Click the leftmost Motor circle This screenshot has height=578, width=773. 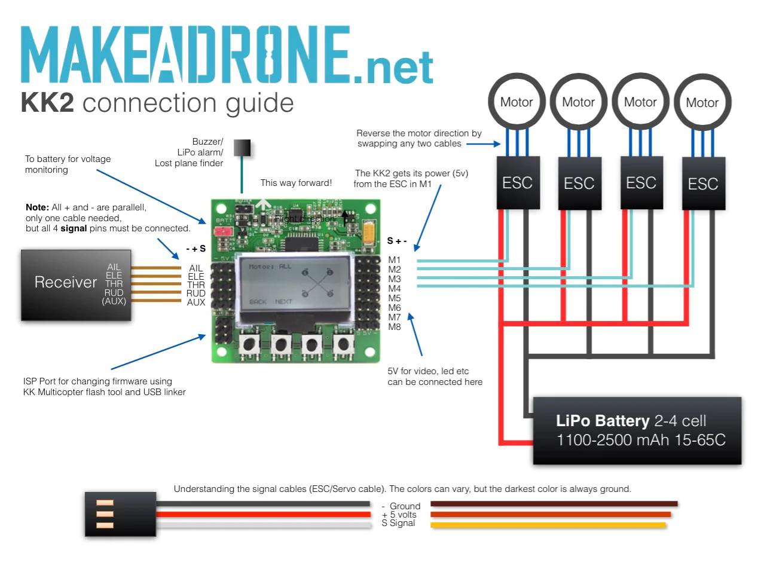click(x=517, y=102)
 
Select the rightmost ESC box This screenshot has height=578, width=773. click(x=703, y=184)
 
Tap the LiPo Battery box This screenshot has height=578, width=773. click(x=637, y=430)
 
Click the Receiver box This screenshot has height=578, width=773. click(x=76, y=285)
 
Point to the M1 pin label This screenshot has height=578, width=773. click(x=394, y=260)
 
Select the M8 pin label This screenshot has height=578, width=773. click(x=394, y=327)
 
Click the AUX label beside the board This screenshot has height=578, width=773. click(x=195, y=302)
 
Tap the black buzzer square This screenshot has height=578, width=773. click(x=242, y=148)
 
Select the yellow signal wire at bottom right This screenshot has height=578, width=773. click(x=548, y=525)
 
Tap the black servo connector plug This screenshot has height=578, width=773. click(x=120, y=513)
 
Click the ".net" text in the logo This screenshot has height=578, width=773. click(x=393, y=68)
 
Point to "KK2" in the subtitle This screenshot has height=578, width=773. click(x=47, y=103)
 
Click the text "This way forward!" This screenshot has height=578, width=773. click(x=296, y=183)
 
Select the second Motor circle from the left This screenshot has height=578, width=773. click(x=578, y=102)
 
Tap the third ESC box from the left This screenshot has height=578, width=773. click(x=641, y=183)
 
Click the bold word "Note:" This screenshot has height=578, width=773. click(x=37, y=207)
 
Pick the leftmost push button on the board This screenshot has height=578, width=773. click(x=249, y=344)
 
